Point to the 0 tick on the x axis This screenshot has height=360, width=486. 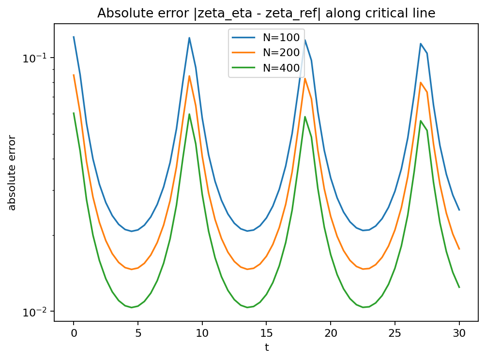pyautogui.click(x=74, y=333)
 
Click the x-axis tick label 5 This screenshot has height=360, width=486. pyautogui.click(x=138, y=333)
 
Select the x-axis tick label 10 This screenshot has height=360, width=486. pyautogui.click(x=202, y=333)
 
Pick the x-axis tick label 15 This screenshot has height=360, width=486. pyautogui.click(x=266, y=333)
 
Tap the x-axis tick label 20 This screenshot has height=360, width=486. pyautogui.click(x=331, y=333)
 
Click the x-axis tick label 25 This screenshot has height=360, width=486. pyautogui.click(x=395, y=333)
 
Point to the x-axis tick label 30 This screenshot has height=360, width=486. pyautogui.click(x=459, y=333)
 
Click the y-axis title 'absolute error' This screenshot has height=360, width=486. pyautogui.click(x=13, y=173)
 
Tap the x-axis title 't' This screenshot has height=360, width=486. pyautogui.click(x=266, y=347)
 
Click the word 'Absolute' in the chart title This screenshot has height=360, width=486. pyautogui.click(x=118, y=14)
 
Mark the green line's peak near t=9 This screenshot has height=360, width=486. pyautogui.click(x=189, y=114)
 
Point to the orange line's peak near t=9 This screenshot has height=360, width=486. pyautogui.click(x=189, y=76)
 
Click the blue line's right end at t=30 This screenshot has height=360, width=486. pyautogui.click(x=459, y=210)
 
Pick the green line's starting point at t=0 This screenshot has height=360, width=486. pyautogui.click(x=74, y=113)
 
